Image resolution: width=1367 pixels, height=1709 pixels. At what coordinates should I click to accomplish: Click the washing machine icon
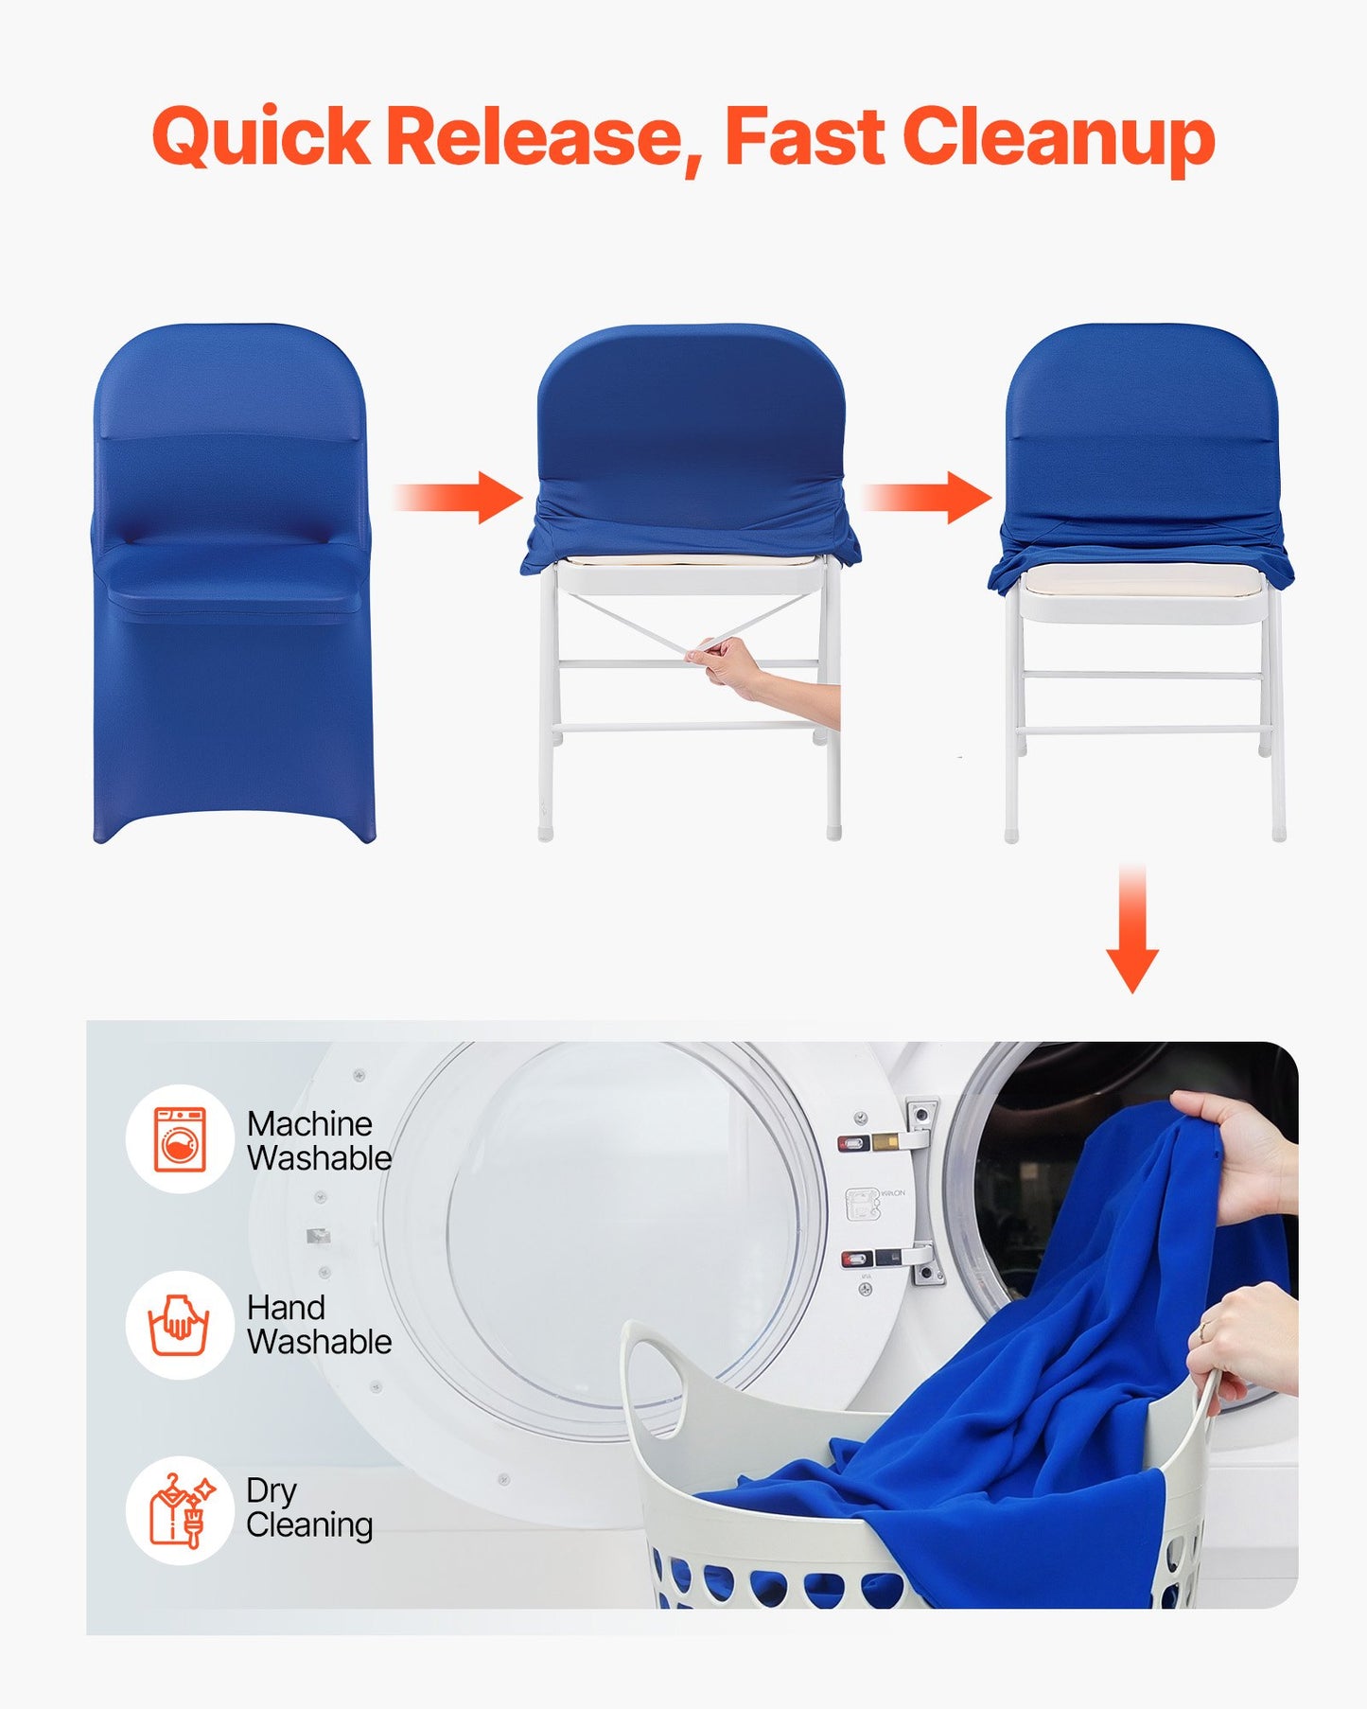(x=180, y=1139)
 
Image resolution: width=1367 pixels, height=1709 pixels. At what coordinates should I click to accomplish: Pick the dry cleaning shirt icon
(x=180, y=1510)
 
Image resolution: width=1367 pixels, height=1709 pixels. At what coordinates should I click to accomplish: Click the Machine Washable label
(x=319, y=1141)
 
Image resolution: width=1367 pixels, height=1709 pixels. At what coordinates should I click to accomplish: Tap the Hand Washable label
(x=319, y=1325)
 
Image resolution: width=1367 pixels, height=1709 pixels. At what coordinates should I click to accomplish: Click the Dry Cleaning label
(x=309, y=1508)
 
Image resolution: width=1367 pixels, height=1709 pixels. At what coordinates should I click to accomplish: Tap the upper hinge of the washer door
(x=920, y=1126)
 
